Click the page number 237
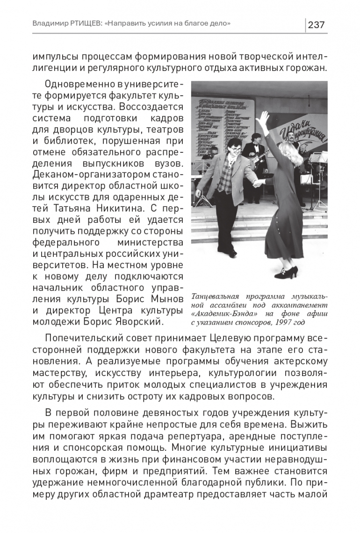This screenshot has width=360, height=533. click(317, 24)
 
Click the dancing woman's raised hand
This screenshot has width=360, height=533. click(265, 116)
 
